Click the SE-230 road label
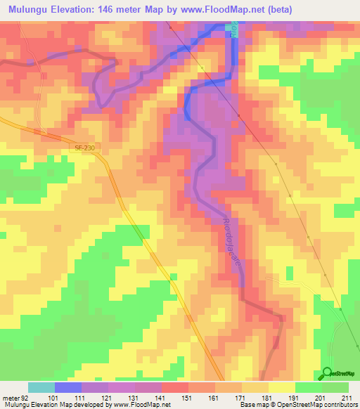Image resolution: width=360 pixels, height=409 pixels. click(84, 148)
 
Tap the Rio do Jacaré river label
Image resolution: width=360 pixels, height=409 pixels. click(233, 238)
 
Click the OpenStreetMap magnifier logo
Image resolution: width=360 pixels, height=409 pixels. click(328, 373)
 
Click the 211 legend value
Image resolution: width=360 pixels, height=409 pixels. click(345, 397)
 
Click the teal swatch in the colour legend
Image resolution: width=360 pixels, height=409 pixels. click(41, 387)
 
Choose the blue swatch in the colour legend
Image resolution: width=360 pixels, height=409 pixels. click(68, 387)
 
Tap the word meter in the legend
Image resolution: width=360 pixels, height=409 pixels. click(10, 397)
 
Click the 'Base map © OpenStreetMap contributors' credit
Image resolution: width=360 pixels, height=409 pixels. click(298, 405)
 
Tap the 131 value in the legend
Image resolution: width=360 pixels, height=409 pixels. click(127, 397)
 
